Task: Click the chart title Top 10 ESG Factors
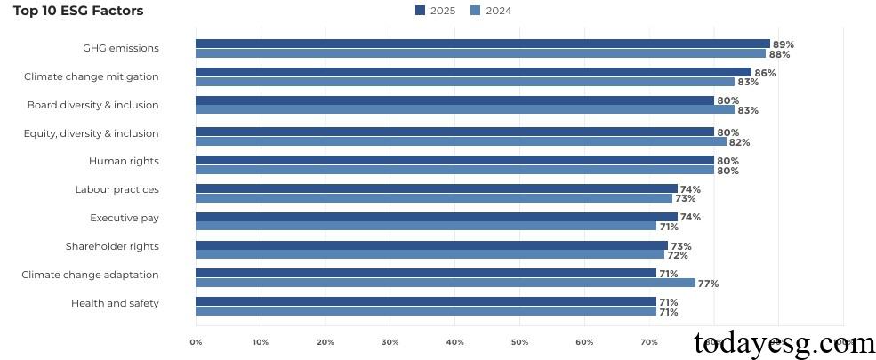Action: [x=78, y=11]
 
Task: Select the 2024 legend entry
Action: [x=491, y=11]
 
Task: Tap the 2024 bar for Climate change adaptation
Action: [x=445, y=284]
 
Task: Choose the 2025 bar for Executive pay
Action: [x=436, y=217]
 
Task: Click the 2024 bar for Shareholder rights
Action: [x=430, y=255]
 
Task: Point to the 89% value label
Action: [x=784, y=44]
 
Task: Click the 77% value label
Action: [x=708, y=284]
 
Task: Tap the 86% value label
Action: [x=765, y=73]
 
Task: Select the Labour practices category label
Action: [x=117, y=189]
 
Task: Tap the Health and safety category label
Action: [x=115, y=303]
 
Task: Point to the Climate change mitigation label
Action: [x=92, y=76]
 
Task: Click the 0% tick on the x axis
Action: [x=196, y=341]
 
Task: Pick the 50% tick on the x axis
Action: [x=519, y=341]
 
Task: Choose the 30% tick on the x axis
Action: [x=390, y=341]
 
